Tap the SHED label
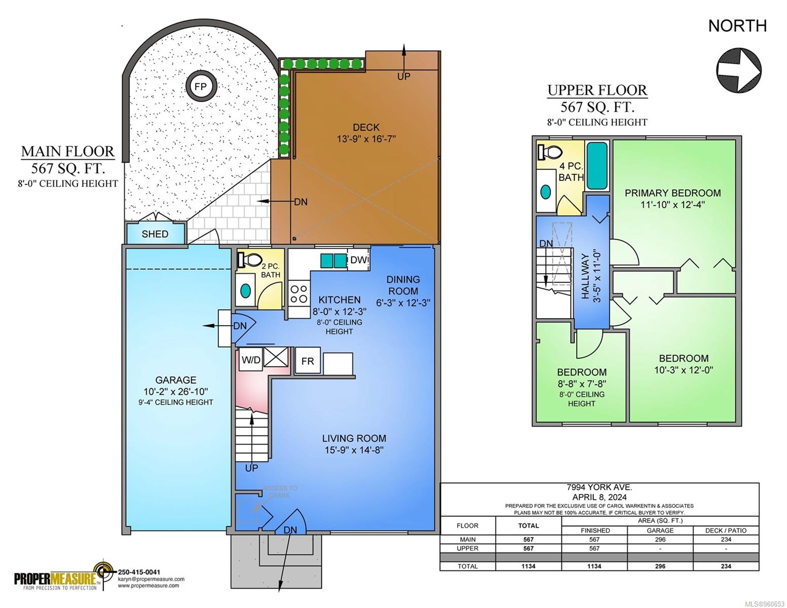coord(155,234)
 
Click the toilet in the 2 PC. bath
coord(249,259)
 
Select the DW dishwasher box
coord(359,259)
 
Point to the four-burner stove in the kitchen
coord(299,294)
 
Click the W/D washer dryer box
coord(251,359)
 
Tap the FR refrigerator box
coord(308,360)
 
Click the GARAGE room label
coord(176,380)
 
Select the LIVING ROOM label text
coord(354,438)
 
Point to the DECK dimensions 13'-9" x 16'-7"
coord(366,139)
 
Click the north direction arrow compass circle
coord(738,70)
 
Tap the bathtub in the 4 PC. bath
coord(596,165)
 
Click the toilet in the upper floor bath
coord(549,151)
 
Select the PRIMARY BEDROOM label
coord(672,193)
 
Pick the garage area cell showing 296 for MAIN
coord(660,539)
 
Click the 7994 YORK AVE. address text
coord(599,487)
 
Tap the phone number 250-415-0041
coord(139,572)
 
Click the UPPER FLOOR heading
coord(597,90)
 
